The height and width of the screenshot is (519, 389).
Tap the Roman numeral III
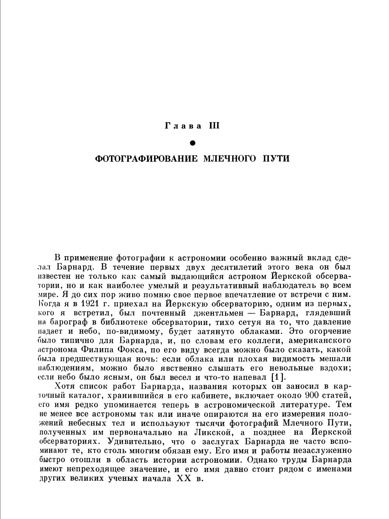tap(214, 126)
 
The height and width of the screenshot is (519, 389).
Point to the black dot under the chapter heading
tap(193, 143)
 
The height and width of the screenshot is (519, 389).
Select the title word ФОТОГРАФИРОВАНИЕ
tap(146, 159)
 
